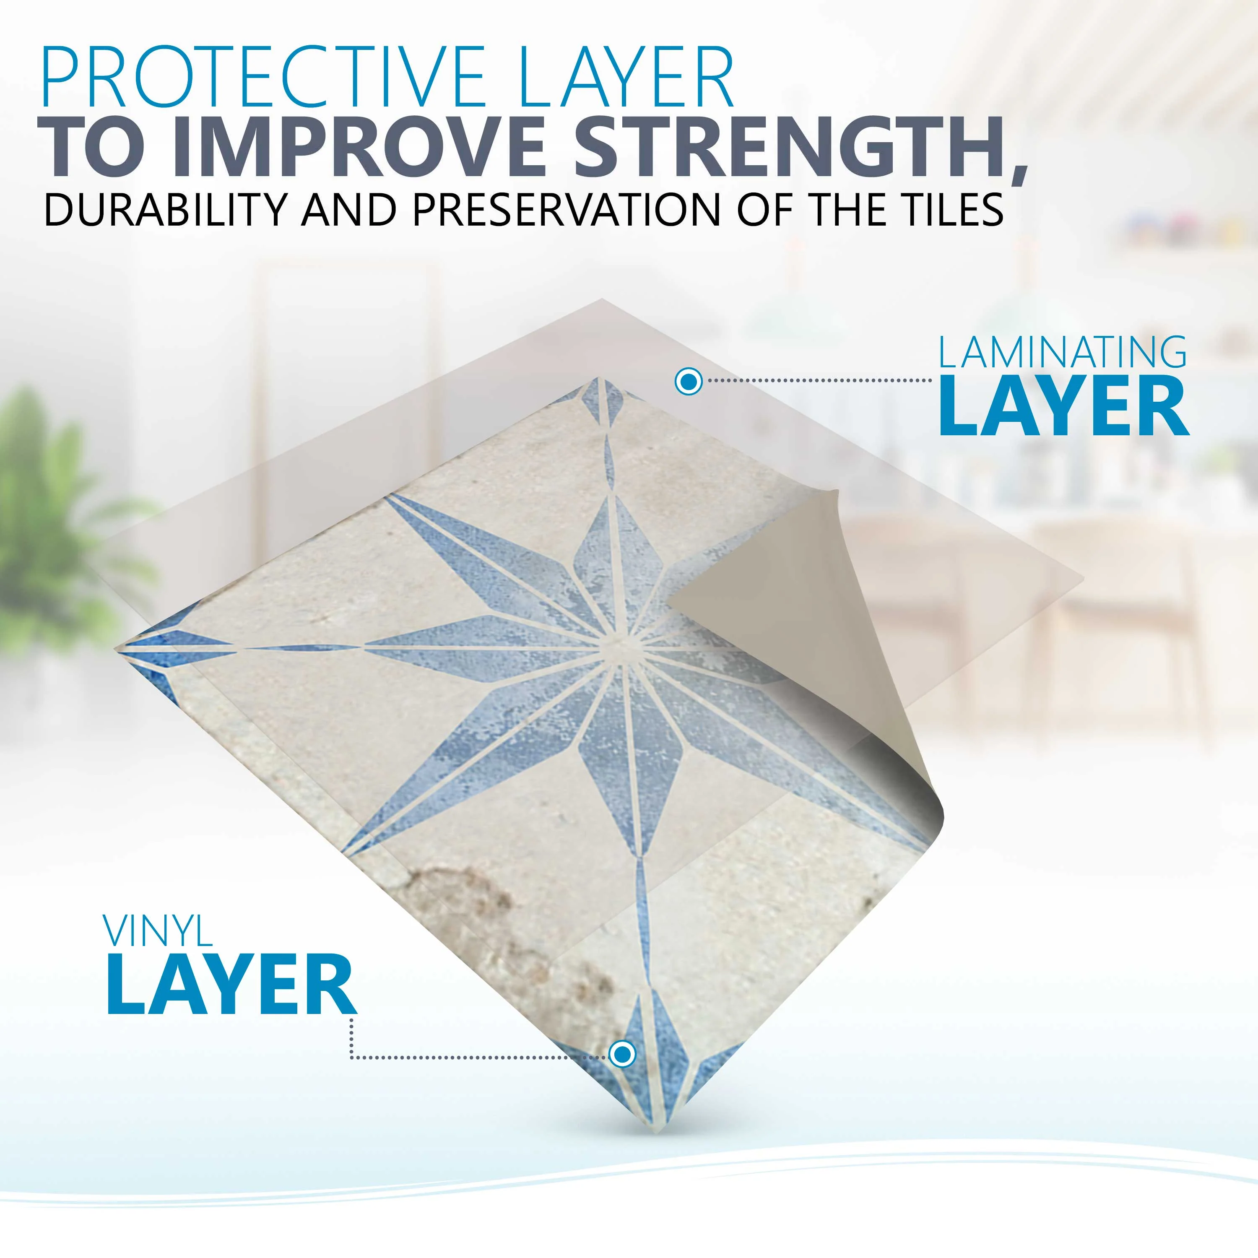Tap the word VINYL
coord(158,933)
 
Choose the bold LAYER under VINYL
coord(231,985)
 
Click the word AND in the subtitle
coord(348,210)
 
